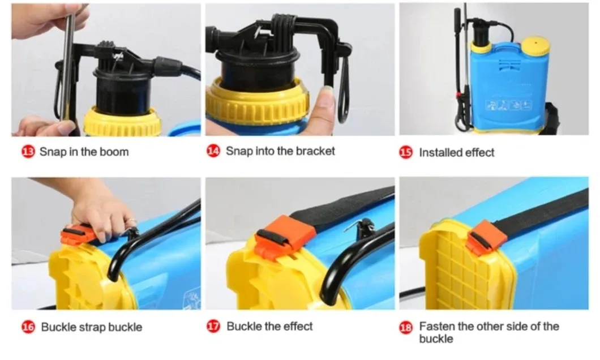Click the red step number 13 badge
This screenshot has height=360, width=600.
tap(28, 152)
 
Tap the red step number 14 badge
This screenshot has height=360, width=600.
tap(213, 151)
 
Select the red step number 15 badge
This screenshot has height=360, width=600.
tap(406, 152)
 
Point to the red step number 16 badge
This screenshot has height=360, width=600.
tap(28, 327)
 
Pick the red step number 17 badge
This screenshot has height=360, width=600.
tap(213, 327)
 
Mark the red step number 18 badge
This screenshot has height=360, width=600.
tap(406, 328)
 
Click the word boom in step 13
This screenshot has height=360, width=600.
tap(114, 152)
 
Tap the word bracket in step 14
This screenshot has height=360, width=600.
tap(315, 151)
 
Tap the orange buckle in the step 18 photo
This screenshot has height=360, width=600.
tap(485, 237)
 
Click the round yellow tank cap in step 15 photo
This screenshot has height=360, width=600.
tap(535, 45)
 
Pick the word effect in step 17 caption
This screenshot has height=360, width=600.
tap(298, 327)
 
